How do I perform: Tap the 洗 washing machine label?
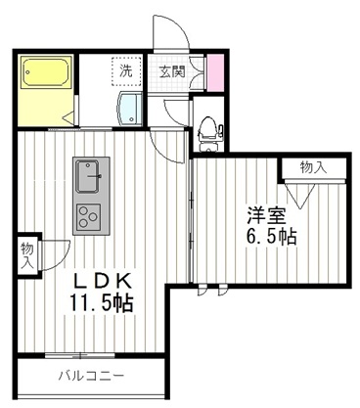[x=126, y=70]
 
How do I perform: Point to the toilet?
[x=207, y=126]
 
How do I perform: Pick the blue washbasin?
[x=129, y=110]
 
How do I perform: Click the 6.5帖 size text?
[x=271, y=237]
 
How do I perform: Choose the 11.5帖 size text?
[x=101, y=303]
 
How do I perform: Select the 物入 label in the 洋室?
[x=313, y=168]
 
